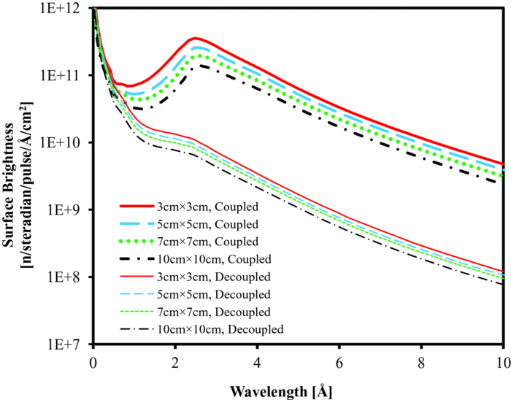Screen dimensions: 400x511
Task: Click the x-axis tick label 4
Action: [x=256, y=361]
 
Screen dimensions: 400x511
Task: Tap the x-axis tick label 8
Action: [x=420, y=361]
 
